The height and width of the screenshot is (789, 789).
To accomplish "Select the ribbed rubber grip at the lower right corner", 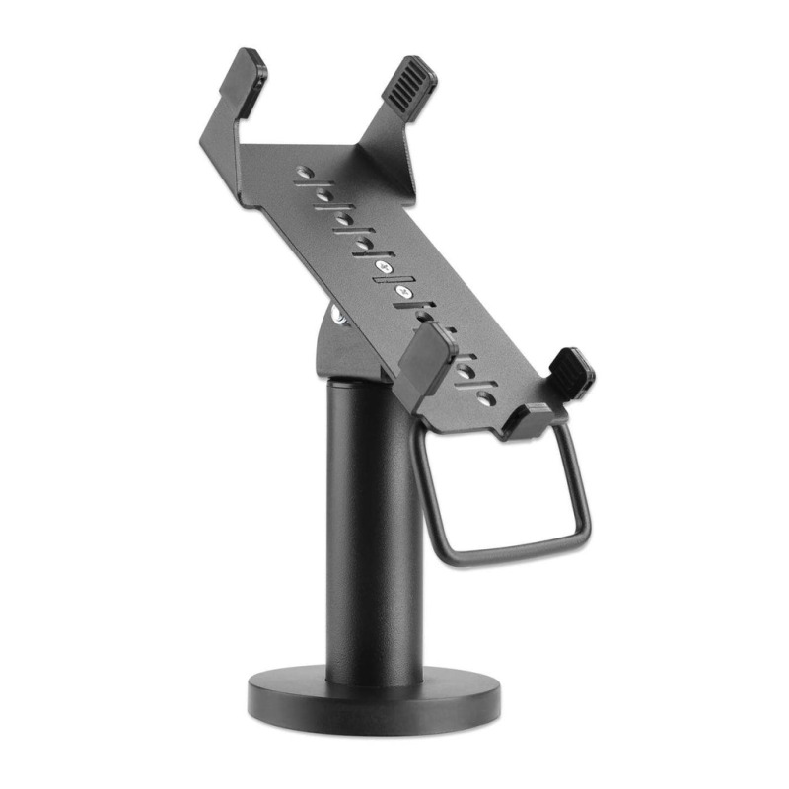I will (571, 373).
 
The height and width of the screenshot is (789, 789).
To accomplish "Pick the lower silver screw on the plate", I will (401, 292).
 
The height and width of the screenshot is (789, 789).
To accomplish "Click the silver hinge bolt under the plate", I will (338, 316).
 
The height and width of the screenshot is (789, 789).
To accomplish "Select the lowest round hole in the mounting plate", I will (486, 397).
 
